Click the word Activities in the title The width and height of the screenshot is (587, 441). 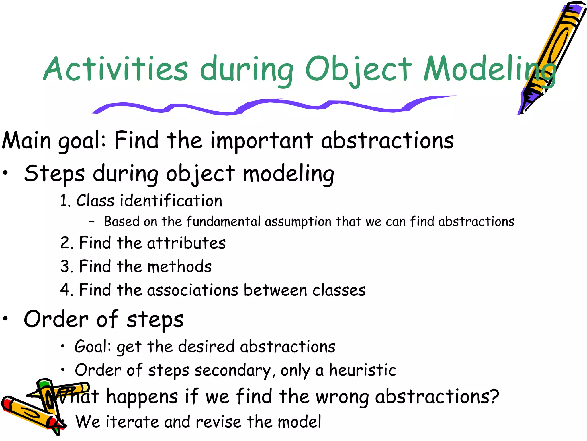(116, 69)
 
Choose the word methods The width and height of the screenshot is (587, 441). (179, 266)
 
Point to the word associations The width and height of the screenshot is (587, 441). (193, 290)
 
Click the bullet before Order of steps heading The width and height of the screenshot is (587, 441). (5, 319)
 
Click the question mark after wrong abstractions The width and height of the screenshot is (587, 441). (494, 396)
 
